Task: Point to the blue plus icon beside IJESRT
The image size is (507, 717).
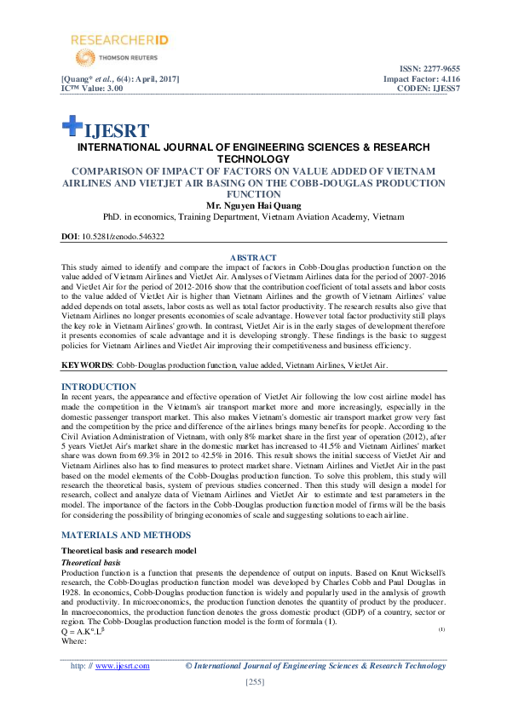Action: (71, 126)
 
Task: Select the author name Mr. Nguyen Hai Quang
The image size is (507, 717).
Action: (253, 205)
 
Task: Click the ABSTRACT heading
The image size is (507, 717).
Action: (253, 257)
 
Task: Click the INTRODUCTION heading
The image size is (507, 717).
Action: (100, 386)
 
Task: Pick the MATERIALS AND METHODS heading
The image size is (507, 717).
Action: (125, 535)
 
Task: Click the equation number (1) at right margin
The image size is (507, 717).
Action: (441, 628)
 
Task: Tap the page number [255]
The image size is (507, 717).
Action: (253, 683)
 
